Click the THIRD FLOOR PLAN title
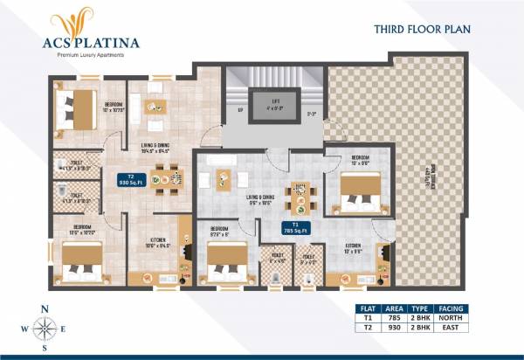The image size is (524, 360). [x=422, y=28]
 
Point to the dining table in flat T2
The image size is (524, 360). [x=166, y=181]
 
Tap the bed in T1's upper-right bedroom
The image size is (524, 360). [x=359, y=190]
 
